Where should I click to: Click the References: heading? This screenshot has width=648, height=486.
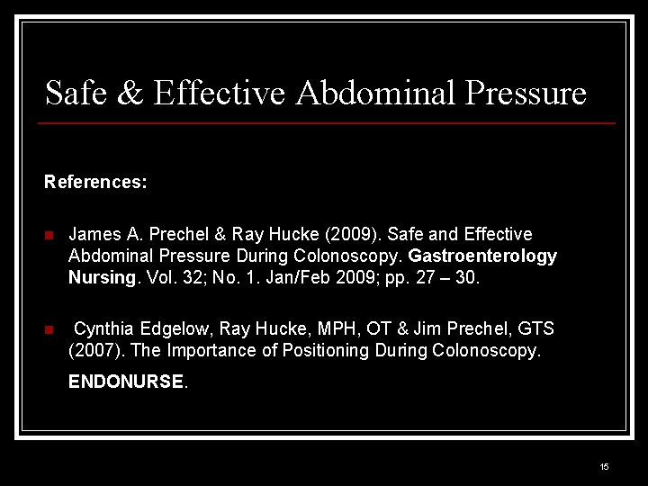pos(95,182)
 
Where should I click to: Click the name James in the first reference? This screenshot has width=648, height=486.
pos(94,234)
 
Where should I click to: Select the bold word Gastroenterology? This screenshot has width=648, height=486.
pos(483,256)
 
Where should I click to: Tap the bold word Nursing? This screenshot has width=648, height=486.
pos(101,278)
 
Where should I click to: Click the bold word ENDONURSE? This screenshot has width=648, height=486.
pos(125,381)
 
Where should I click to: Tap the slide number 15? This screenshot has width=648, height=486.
pos(604,466)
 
